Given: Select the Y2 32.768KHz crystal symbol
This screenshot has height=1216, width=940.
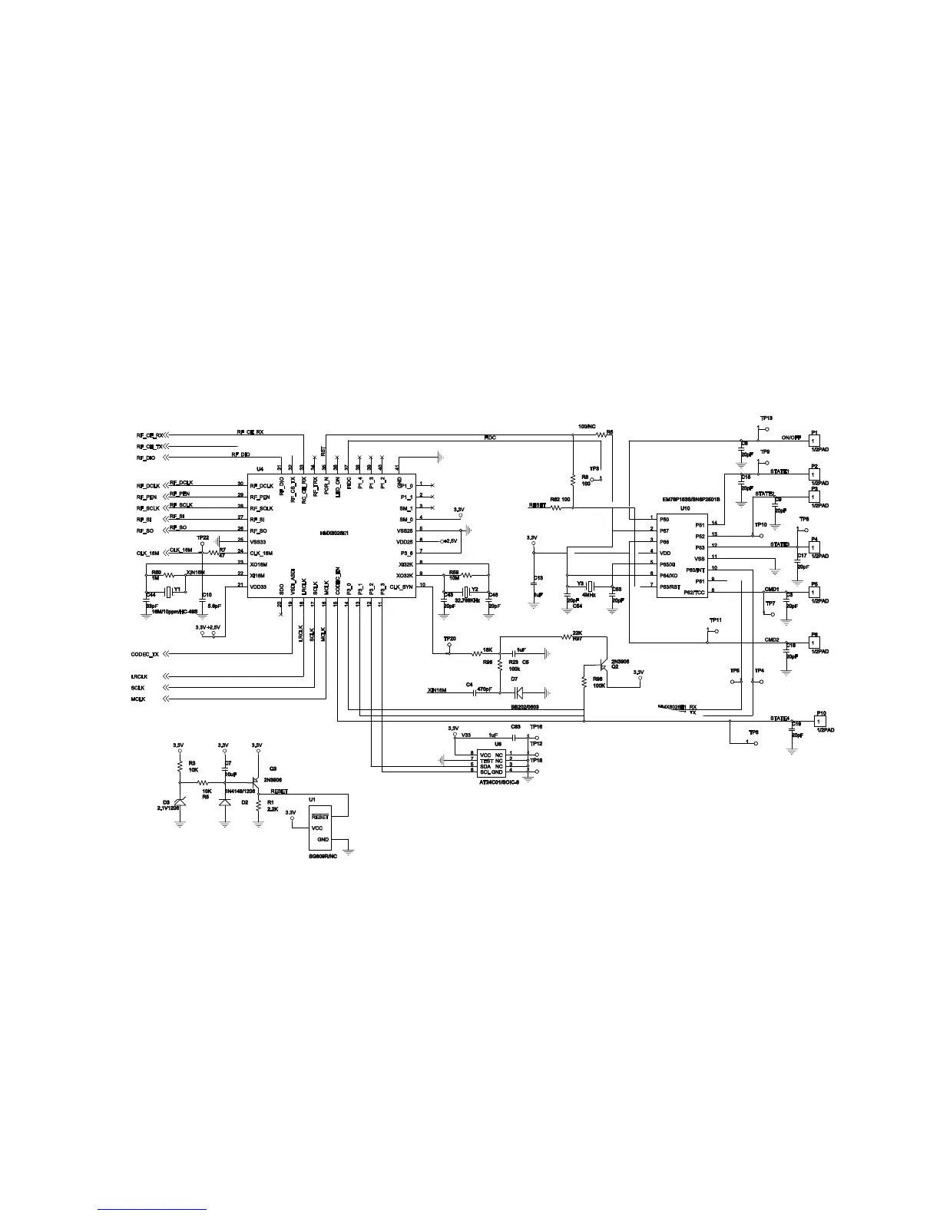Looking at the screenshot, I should (x=465, y=590).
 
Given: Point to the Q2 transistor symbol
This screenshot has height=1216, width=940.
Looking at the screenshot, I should (x=604, y=666).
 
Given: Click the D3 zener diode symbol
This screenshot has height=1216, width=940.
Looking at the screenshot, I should (x=180, y=801).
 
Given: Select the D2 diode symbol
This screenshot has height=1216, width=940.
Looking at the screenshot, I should (x=224, y=801).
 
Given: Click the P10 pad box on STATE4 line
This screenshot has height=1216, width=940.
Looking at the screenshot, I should (x=821, y=722).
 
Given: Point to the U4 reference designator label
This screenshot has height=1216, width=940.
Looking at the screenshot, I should (x=260, y=469).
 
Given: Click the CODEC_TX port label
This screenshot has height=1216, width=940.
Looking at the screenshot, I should (x=145, y=654).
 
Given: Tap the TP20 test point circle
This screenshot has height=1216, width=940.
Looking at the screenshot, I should (x=449, y=653).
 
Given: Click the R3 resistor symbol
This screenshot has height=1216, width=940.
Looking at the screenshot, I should (x=180, y=765).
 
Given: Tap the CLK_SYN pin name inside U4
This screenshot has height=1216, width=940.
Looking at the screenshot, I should (x=401, y=587).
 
